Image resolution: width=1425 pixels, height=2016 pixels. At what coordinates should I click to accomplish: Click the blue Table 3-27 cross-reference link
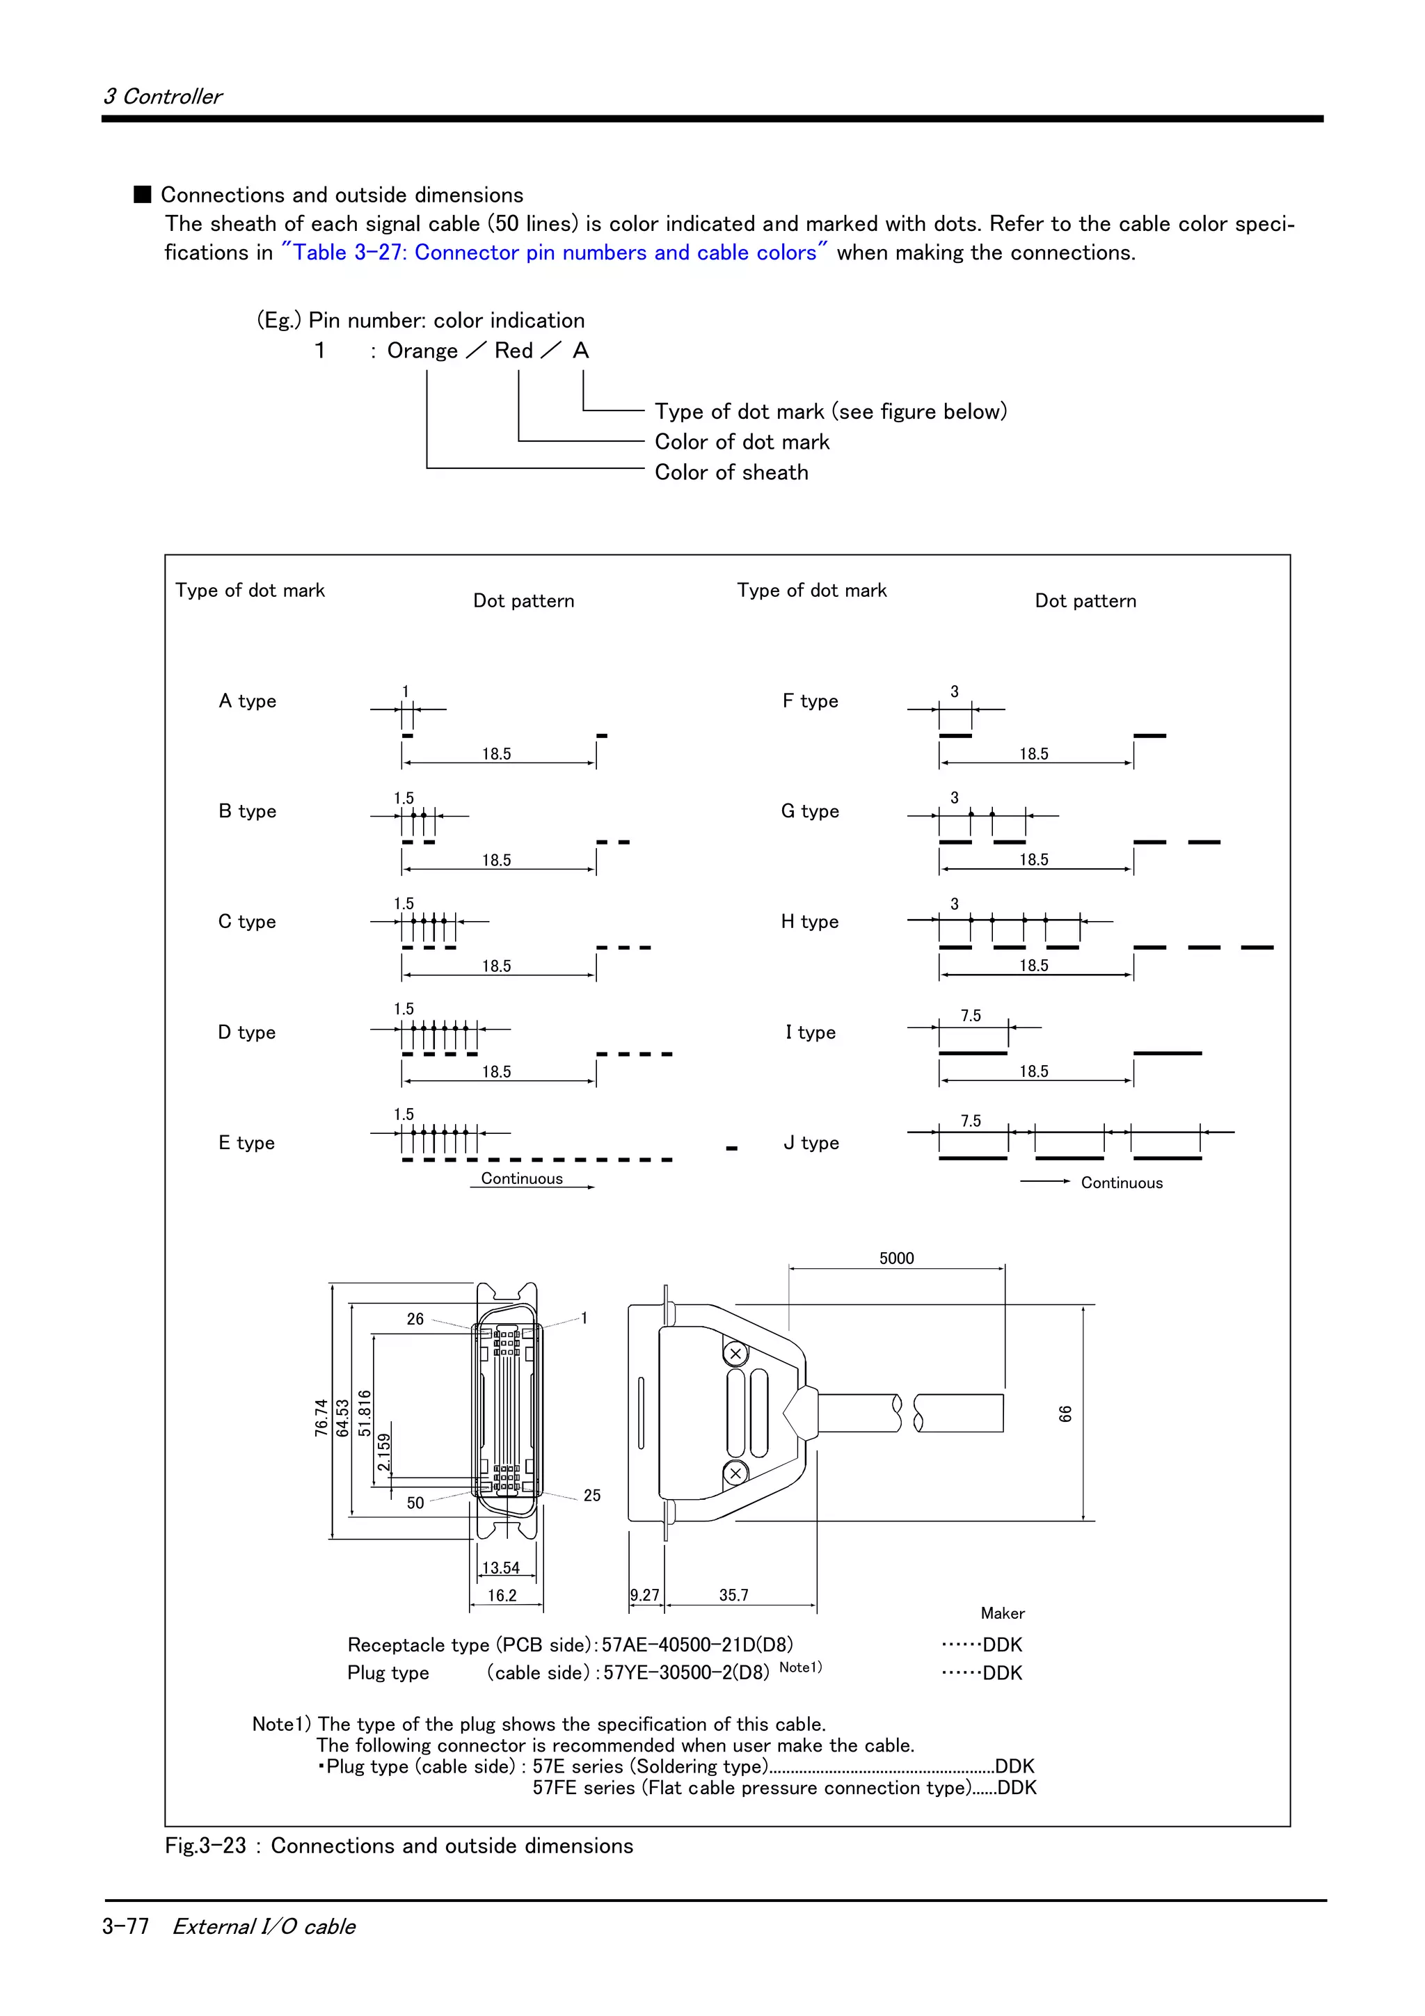554,253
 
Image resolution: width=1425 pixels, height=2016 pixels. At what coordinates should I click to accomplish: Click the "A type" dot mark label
247,701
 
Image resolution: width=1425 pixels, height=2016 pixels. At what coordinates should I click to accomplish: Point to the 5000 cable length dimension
896,1258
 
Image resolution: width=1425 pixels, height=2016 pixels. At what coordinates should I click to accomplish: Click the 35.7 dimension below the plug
733,1594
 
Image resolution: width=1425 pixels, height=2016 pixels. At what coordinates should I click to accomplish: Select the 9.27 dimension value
644,1594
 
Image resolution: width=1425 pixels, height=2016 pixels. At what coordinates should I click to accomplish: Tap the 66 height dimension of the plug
1065,1414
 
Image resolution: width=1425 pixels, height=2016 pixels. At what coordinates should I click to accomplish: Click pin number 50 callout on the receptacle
415,1503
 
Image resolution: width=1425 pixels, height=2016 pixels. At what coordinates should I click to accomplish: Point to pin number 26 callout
415,1319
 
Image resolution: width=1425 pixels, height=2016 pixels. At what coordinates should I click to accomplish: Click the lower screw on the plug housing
735,1473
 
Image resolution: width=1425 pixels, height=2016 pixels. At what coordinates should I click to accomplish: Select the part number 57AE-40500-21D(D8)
697,1645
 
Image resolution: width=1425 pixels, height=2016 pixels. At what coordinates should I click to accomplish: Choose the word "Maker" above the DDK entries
1002,1613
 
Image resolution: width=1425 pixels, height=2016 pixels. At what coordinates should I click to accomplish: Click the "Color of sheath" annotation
731,472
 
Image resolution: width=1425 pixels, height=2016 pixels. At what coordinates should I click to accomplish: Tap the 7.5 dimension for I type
970,1016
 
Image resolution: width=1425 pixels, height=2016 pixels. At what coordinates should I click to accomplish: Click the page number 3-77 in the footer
125,1926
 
